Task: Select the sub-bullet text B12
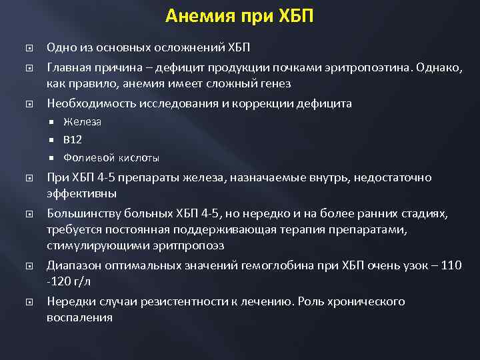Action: [x=73, y=139]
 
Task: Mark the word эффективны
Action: [x=81, y=194]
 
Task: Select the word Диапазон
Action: [x=71, y=265]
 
